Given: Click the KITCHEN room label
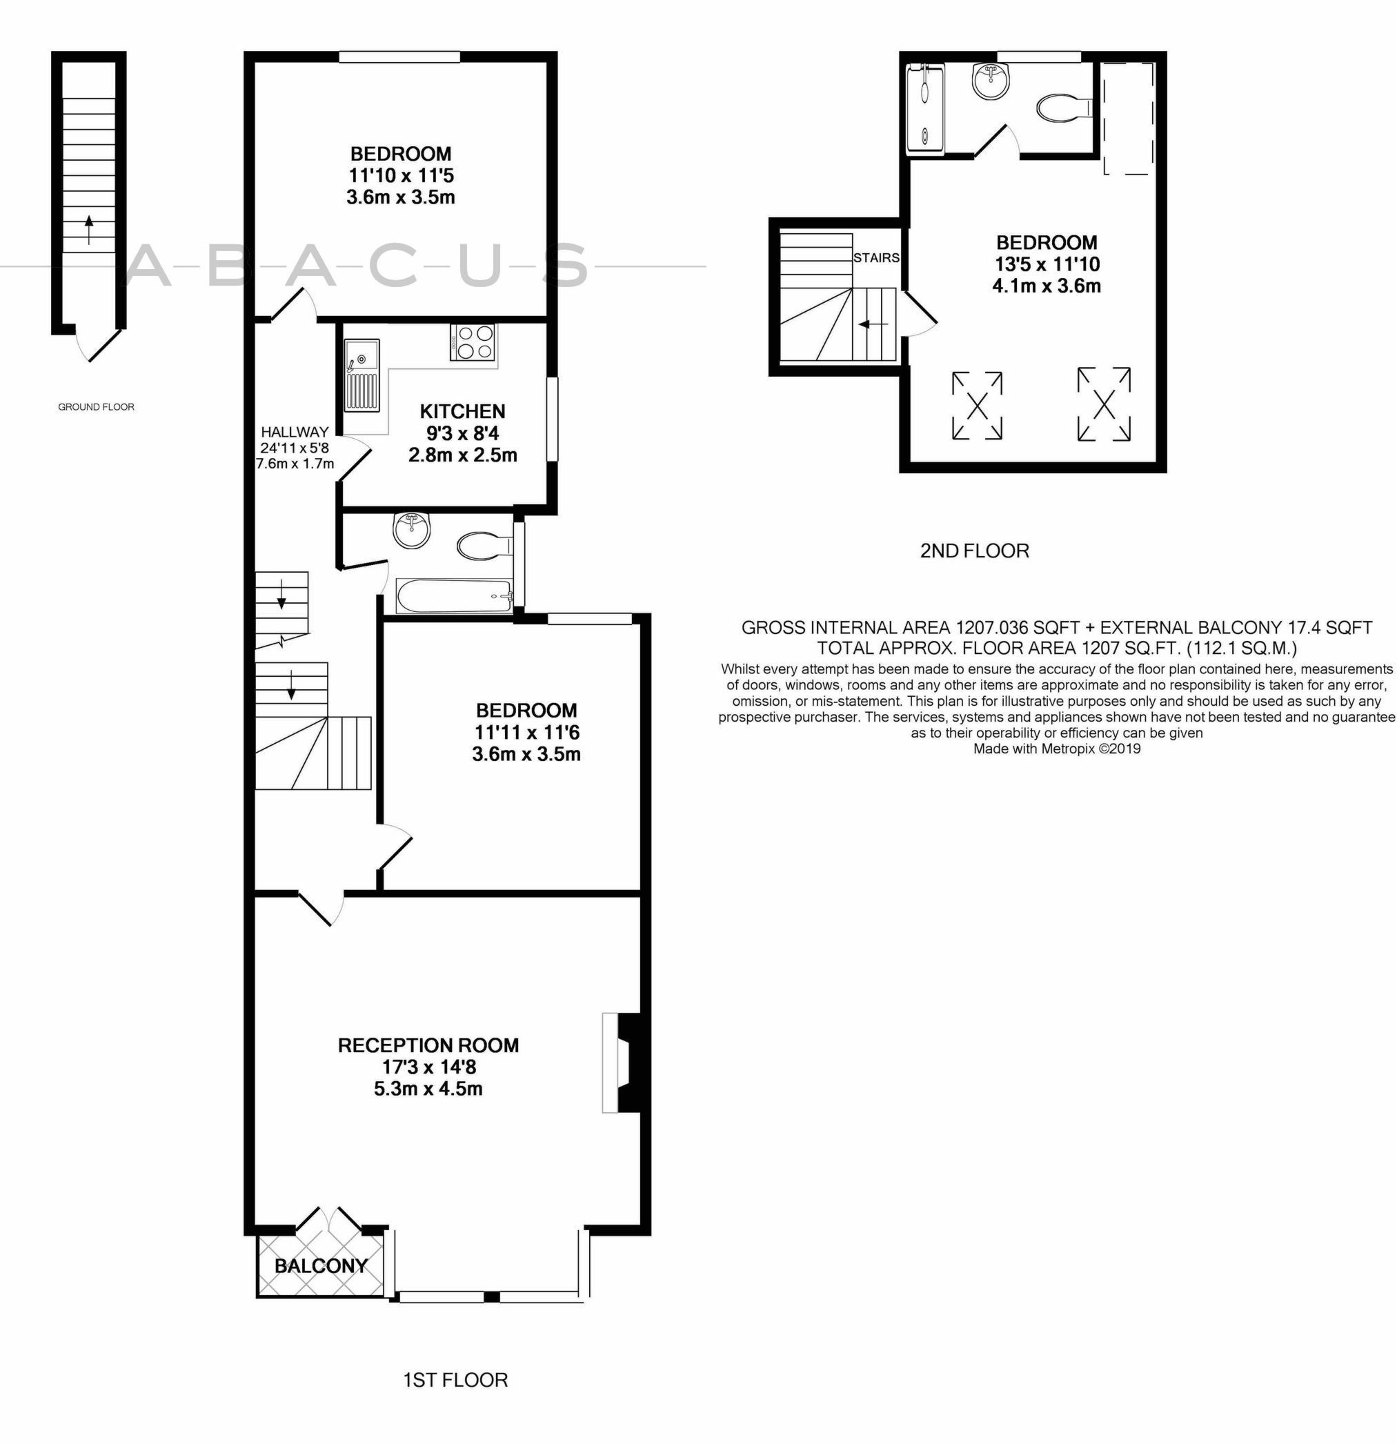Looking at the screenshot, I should coord(462,411).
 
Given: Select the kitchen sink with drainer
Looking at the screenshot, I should coord(361,376).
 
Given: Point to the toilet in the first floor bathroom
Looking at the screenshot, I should coord(483,546).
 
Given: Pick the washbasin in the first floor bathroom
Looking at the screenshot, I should coord(411,530).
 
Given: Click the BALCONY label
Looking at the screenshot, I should coord(321,1266).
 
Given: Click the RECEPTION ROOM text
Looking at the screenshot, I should coord(428,1045).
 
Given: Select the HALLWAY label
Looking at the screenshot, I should coord(294,432).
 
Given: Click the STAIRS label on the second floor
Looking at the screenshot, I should coord(876,258).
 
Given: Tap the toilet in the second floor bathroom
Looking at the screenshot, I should coord(1062,108).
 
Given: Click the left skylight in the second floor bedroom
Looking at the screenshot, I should coord(977,405).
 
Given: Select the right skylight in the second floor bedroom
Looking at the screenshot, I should coord(1104,404).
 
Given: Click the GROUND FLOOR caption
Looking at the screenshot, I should coord(96,406).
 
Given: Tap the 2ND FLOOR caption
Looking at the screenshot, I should coord(974,551).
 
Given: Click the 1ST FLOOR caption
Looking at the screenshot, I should coord(455,1380).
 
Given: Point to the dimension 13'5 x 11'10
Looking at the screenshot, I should coord(1047,264).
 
